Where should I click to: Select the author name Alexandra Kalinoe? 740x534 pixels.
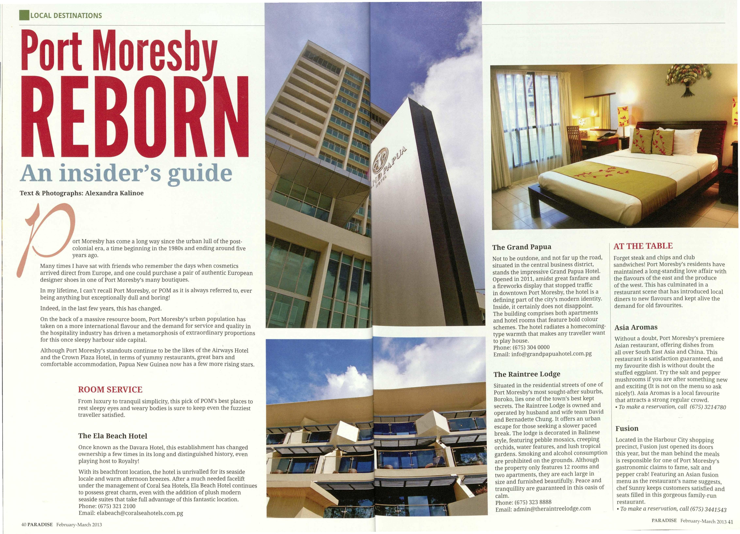pos(114,193)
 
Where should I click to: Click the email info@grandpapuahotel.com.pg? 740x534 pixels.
pos(551,354)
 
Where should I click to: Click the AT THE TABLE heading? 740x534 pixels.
pos(643,246)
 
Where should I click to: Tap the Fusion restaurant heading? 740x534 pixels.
pos(627,429)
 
